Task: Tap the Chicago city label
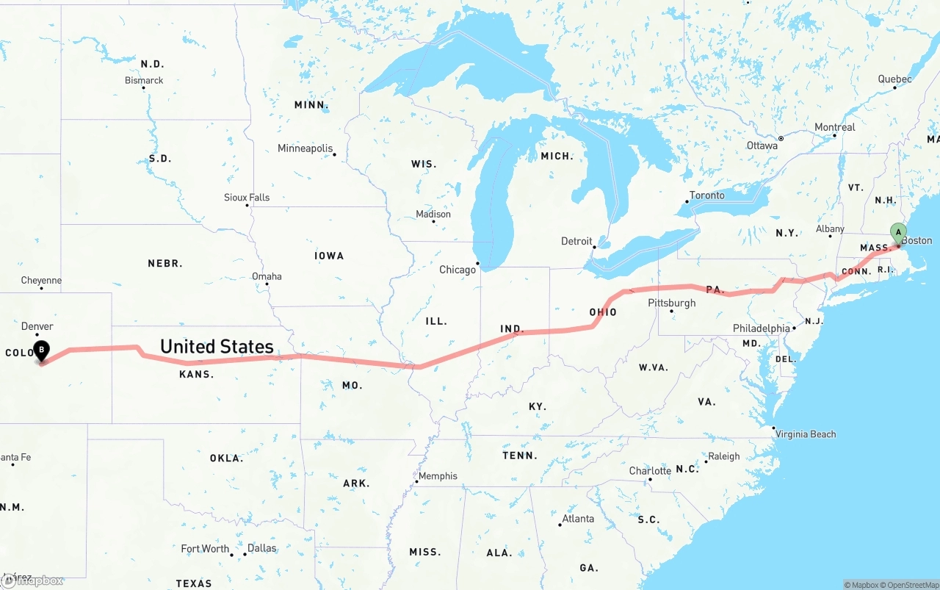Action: click(458, 270)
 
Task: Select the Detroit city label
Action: click(576, 241)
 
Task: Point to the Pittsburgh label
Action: click(671, 303)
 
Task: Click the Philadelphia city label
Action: click(761, 328)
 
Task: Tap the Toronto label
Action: click(706, 195)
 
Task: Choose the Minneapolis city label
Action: click(305, 148)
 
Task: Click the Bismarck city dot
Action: click(143, 88)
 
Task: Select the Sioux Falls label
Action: click(247, 197)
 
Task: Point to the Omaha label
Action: click(267, 276)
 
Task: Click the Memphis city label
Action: click(438, 476)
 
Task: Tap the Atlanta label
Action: click(578, 519)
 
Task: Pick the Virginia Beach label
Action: click(806, 434)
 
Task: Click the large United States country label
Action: click(217, 346)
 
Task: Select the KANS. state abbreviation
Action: click(196, 374)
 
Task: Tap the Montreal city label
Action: click(835, 127)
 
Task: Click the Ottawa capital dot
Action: click(781, 138)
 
